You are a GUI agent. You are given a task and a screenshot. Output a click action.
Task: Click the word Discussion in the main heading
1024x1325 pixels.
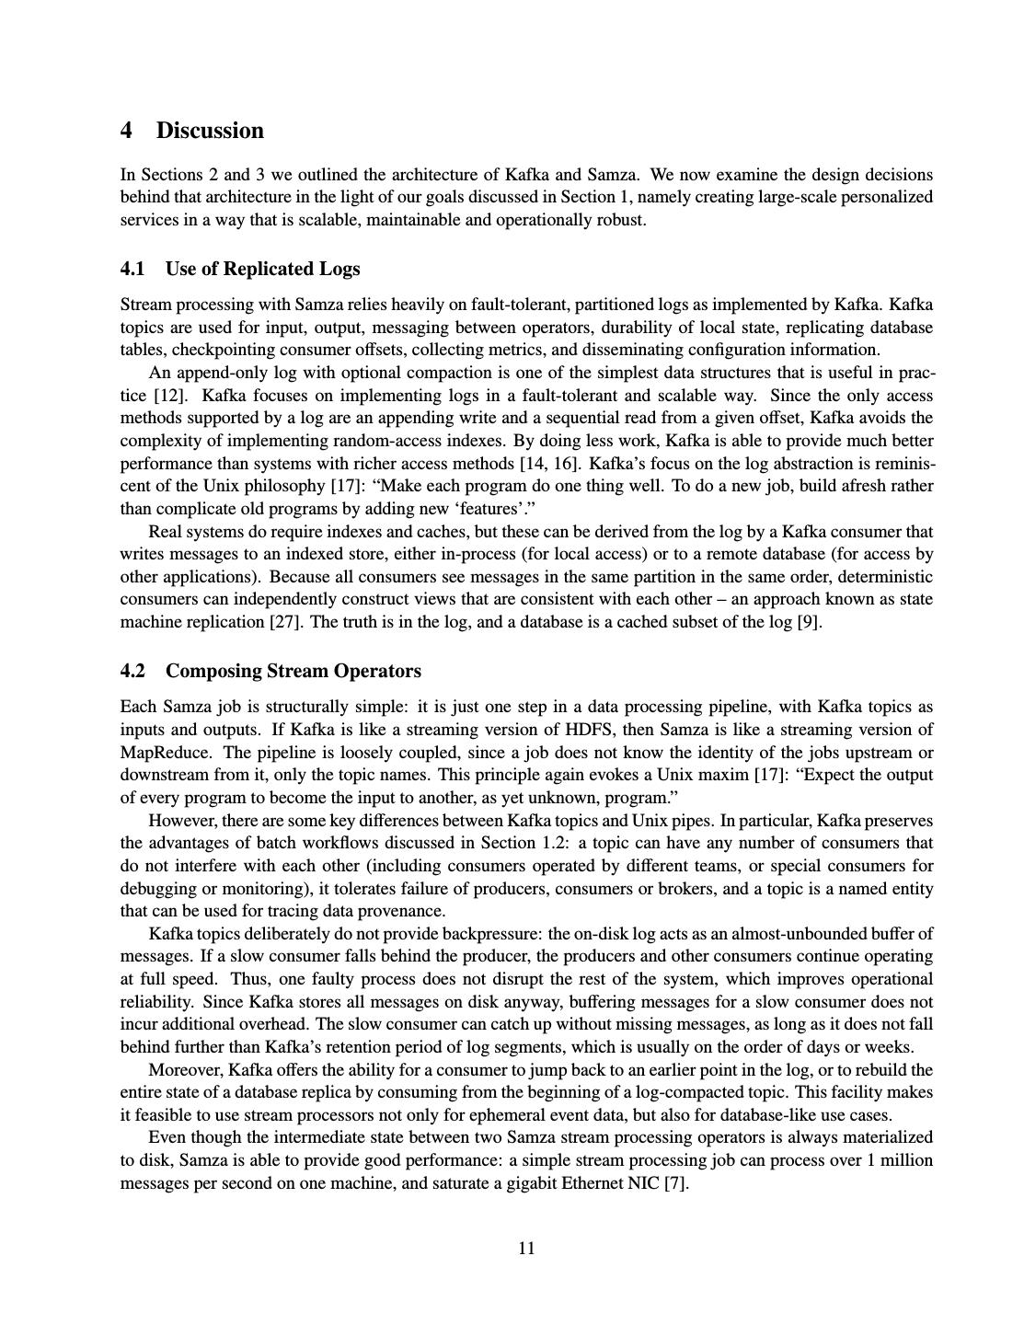point(210,131)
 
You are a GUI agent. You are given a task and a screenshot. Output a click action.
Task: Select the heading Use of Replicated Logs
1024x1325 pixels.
point(262,269)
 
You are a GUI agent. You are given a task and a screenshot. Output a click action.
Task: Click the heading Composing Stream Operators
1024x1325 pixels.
point(293,671)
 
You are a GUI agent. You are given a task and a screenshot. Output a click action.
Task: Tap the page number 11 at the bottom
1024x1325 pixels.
point(526,1248)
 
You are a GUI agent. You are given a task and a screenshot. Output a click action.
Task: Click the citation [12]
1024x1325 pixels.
point(162,396)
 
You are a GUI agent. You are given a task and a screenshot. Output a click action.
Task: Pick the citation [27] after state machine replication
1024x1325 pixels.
point(283,622)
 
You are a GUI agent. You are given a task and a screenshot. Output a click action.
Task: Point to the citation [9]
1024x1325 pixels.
point(809,622)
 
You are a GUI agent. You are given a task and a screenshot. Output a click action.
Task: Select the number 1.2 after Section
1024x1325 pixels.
point(550,843)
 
